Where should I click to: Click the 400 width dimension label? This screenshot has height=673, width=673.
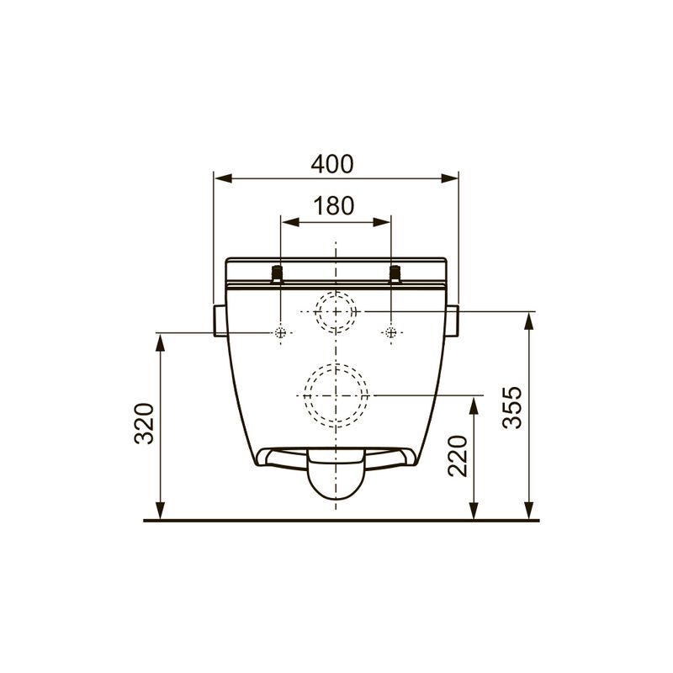[332, 163]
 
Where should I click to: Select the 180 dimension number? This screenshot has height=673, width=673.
[334, 205]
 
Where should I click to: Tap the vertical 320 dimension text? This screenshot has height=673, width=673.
[144, 423]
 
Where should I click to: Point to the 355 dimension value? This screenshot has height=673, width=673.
[512, 407]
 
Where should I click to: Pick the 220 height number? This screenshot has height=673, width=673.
[457, 456]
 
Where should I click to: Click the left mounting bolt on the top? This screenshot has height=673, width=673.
[278, 274]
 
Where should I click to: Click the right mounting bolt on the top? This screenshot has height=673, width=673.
[395, 274]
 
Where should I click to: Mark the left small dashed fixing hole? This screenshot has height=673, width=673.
[280, 332]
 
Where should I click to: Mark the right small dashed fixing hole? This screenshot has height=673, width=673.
[391, 332]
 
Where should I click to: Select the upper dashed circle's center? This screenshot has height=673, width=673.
[336, 311]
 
